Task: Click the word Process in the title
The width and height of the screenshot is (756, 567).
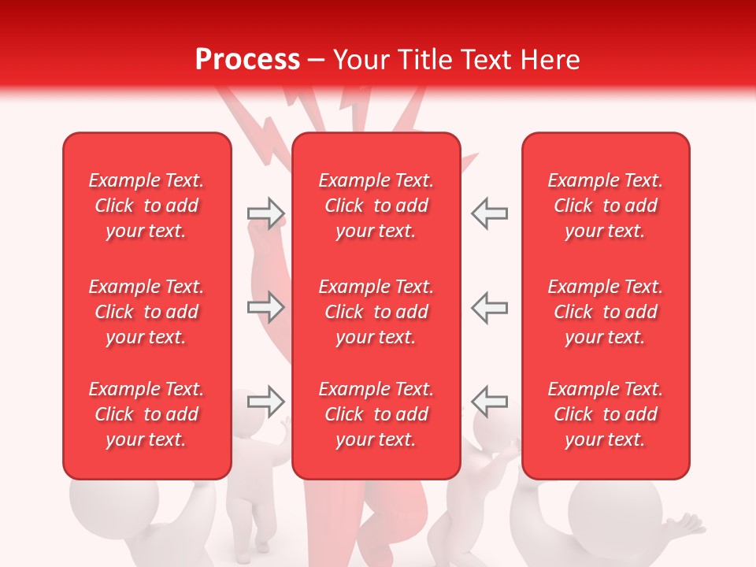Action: coord(247,60)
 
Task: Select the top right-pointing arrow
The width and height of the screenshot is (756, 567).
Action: coord(265,213)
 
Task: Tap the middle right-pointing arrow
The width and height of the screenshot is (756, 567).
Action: coord(265,307)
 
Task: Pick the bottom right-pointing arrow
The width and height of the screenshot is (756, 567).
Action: coord(265,402)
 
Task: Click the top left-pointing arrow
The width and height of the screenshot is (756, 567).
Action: coord(489,213)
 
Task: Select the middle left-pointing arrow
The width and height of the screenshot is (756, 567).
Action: coord(489,307)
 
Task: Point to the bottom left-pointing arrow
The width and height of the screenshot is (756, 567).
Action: coord(489,402)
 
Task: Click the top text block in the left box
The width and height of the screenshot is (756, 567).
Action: coord(146,206)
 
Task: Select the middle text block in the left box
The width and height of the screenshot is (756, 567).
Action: coord(146,312)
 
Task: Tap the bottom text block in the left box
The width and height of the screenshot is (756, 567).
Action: coord(146,414)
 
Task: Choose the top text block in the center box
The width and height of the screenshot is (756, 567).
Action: coord(376,206)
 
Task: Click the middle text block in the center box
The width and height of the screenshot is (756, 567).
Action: coord(376,312)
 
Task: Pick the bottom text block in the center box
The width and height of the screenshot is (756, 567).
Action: coord(376,414)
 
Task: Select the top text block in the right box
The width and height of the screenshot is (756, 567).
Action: coord(605,206)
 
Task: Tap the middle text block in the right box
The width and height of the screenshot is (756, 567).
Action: coord(605,312)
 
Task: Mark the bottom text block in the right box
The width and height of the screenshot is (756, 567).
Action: coord(605,414)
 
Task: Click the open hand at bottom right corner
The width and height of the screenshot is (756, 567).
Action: coord(685,523)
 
